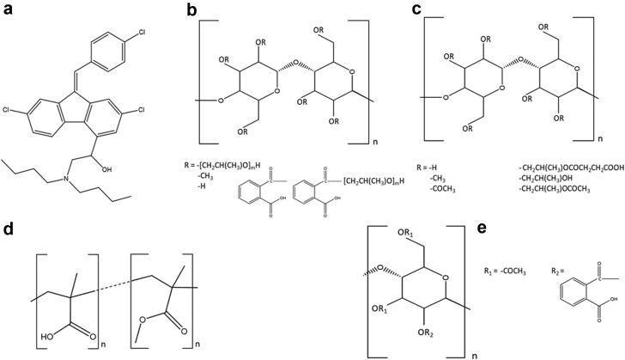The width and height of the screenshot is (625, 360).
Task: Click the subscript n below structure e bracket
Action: click(474, 353)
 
